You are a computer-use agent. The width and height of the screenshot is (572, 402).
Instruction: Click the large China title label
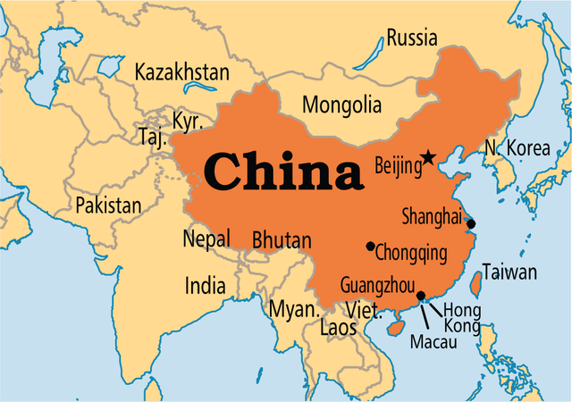click(x=282, y=172)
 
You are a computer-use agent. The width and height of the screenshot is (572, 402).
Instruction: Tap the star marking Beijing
click(x=429, y=158)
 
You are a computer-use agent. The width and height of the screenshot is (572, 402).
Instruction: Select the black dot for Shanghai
click(x=471, y=223)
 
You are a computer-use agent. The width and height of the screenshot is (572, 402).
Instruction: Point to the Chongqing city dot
click(x=370, y=246)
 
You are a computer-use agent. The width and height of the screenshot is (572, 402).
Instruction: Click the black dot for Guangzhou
click(x=421, y=295)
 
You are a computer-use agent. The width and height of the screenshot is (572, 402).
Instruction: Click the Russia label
click(x=412, y=38)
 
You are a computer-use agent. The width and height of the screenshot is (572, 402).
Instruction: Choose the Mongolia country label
click(x=341, y=105)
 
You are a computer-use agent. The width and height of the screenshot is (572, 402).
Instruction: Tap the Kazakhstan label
click(x=181, y=72)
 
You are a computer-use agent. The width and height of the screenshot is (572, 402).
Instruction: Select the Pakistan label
click(x=108, y=205)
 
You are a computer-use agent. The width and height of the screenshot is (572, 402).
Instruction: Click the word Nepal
click(x=206, y=239)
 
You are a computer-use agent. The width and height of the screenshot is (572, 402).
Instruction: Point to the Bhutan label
click(x=282, y=239)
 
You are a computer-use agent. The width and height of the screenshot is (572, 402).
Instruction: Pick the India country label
click(x=205, y=286)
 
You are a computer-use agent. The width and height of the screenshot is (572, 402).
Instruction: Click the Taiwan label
click(x=509, y=272)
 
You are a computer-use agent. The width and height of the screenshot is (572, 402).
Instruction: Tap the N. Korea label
click(x=517, y=148)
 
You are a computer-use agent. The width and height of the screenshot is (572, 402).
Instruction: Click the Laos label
click(x=337, y=328)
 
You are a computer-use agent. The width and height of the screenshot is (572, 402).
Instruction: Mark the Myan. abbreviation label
click(x=294, y=310)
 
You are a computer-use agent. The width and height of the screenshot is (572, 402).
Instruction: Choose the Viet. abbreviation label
click(x=364, y=311)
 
